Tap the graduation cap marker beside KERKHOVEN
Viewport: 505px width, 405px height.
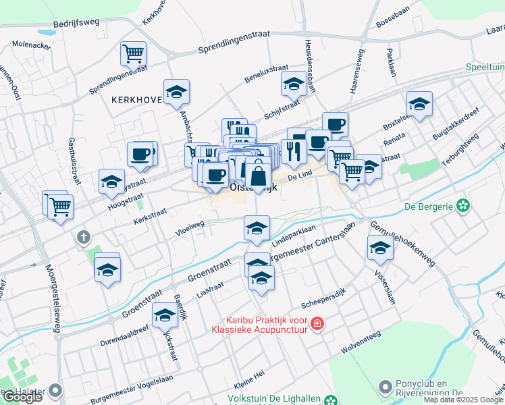[x=176, y=91]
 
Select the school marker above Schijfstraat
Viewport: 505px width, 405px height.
[x=294, y=84]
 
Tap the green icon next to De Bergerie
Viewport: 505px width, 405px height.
[x=462, y=205]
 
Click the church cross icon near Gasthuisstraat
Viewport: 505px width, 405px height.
[x=83, y=237]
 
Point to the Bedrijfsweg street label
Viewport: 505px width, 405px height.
[x=77, y=22]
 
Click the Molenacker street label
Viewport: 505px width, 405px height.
[x=32, y=45]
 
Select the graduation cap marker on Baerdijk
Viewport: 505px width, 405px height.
[x=165, y=315]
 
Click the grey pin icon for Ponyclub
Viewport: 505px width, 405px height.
[x=386, y=387]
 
